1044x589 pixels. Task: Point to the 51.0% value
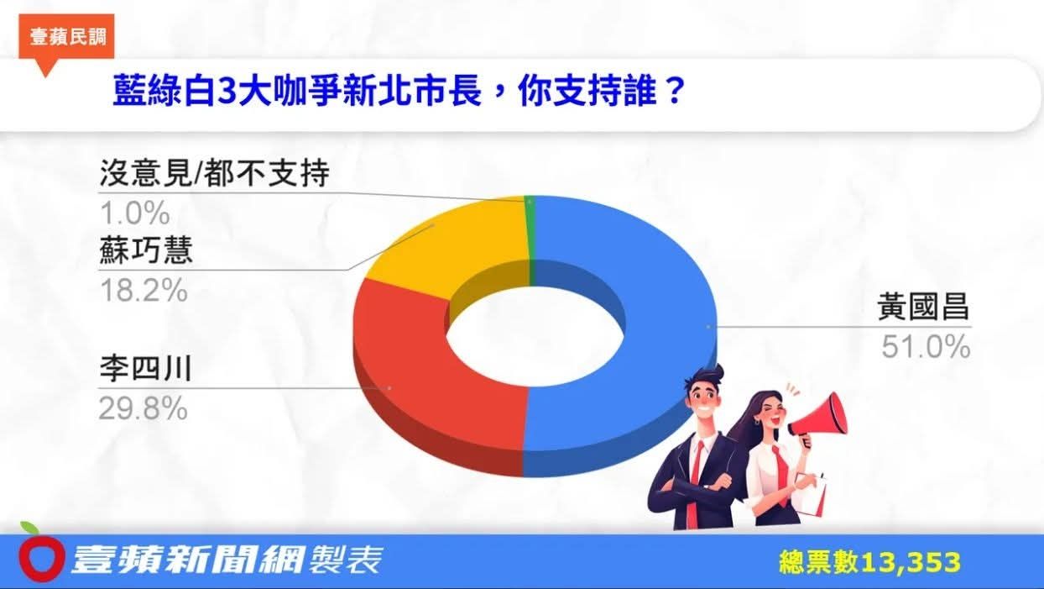tap(925, 346)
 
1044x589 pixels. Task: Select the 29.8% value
tap(143, 408)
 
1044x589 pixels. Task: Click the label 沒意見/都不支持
tap(214, 175)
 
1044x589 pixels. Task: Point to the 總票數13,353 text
tap(869, 562)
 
